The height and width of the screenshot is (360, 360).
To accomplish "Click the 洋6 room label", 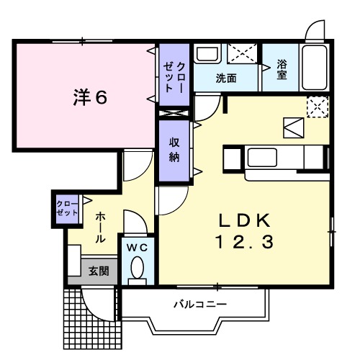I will (89, 96).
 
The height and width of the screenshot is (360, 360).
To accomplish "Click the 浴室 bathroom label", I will (282, 69).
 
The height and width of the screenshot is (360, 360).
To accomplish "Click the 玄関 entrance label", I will (99, 271).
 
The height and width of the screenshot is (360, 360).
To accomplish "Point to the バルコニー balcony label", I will (199, 305).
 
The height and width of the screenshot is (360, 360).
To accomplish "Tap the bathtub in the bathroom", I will (314, 68).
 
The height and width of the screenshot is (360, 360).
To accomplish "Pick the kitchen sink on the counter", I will (264, 156).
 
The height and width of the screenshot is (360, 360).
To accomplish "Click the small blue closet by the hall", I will (68, 209).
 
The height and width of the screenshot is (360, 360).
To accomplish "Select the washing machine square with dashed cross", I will (243, 55).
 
